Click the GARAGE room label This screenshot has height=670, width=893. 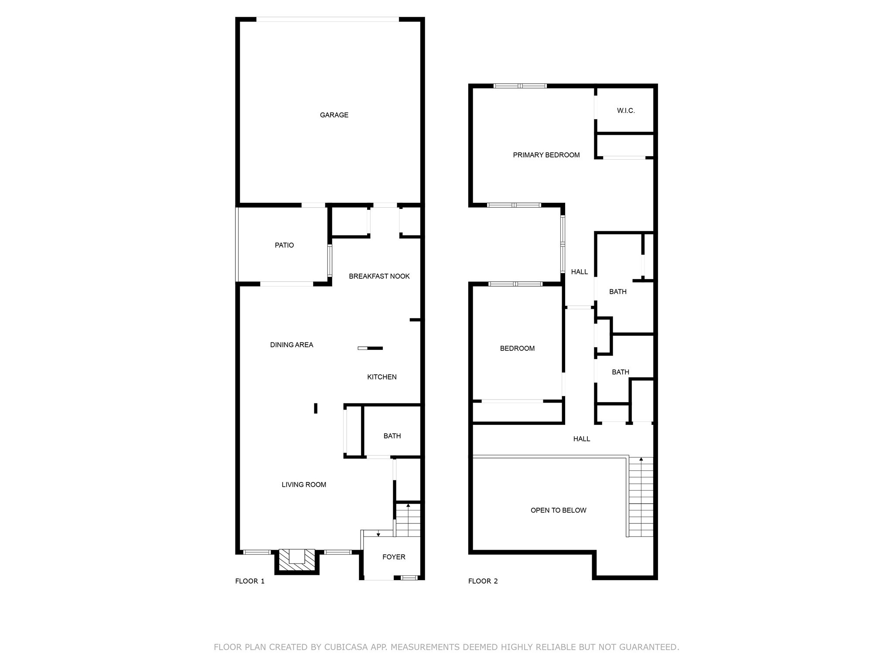[x=334, y=115]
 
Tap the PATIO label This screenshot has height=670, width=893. [x=284, y=245]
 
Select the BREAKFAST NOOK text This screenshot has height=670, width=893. [x=379, y=276]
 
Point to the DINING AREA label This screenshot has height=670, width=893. [x=291, y=345]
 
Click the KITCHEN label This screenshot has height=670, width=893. [x=382, y=377]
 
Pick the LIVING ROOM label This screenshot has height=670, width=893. [x=303, y=485]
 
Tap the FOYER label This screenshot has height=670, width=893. [x=393, y=557]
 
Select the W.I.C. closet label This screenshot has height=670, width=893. [x=626, y=111]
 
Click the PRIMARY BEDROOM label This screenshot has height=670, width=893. [x=546, y=155]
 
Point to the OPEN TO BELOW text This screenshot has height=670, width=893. [x=558, y=510]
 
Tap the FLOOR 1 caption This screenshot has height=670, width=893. [x=250, y=581]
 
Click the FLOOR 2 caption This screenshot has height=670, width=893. [x=483, y=581]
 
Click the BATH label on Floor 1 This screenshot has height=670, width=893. [x=392, y=436]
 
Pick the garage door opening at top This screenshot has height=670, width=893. [x=327, y=19]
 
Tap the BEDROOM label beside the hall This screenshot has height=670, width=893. [x=517, y=349]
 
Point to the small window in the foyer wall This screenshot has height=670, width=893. [x=409, y=578]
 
